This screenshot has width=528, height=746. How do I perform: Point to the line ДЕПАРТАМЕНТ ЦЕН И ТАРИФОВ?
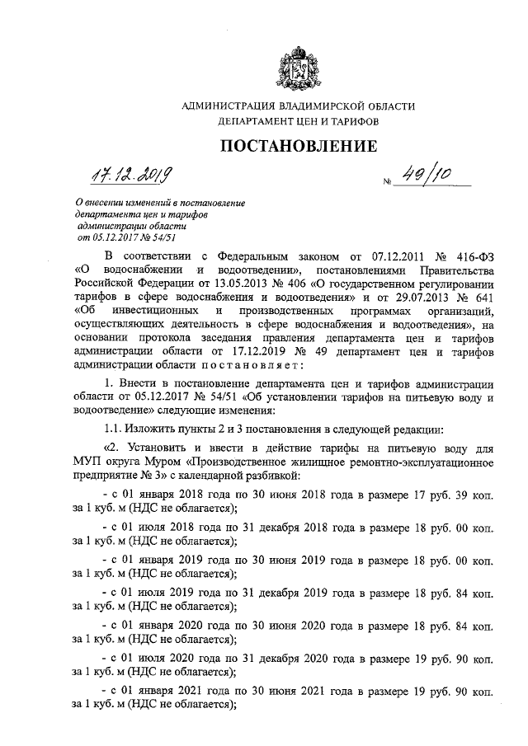click(x=298, y=120)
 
